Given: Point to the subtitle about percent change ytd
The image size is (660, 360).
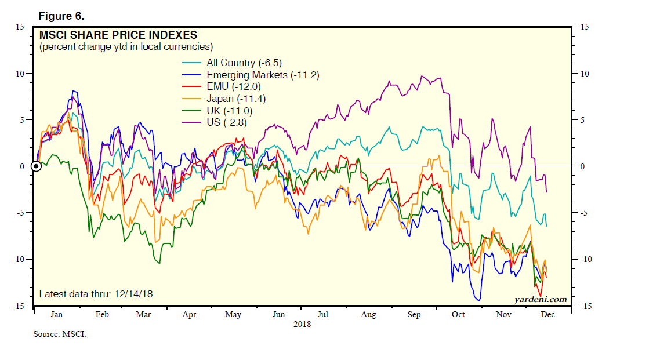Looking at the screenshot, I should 126,46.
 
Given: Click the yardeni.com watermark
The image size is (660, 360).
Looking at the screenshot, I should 540,299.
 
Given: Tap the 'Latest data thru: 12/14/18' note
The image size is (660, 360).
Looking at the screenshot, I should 96,294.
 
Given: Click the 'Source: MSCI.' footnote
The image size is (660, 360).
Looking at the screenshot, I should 59,334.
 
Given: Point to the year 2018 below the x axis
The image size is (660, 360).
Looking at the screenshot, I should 301,325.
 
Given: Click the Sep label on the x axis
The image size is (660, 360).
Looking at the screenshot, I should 414,315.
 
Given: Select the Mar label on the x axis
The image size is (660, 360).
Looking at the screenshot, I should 143,315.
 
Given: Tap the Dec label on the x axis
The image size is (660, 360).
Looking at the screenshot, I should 547,315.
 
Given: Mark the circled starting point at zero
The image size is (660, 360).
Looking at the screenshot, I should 36,166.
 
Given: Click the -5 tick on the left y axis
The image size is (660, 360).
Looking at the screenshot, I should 19,213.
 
